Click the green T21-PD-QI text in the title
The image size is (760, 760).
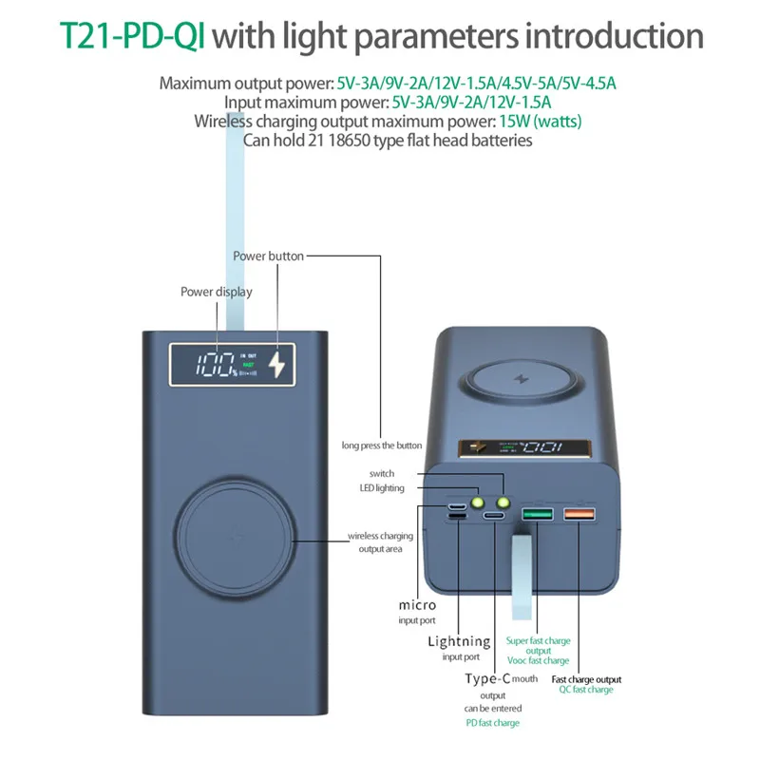132,35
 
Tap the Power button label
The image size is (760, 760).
269,256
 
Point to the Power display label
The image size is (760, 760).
217,292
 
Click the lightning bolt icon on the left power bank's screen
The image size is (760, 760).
276,366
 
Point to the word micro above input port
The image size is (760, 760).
418,605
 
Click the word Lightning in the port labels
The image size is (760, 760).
459,641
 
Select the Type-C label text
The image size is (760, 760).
487,678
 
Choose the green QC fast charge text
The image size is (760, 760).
586,690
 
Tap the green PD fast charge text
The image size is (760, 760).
492,723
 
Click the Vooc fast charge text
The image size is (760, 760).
538,660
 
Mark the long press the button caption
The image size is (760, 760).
382,446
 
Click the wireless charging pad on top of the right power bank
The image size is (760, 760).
520,379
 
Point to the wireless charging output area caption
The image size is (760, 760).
381,542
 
